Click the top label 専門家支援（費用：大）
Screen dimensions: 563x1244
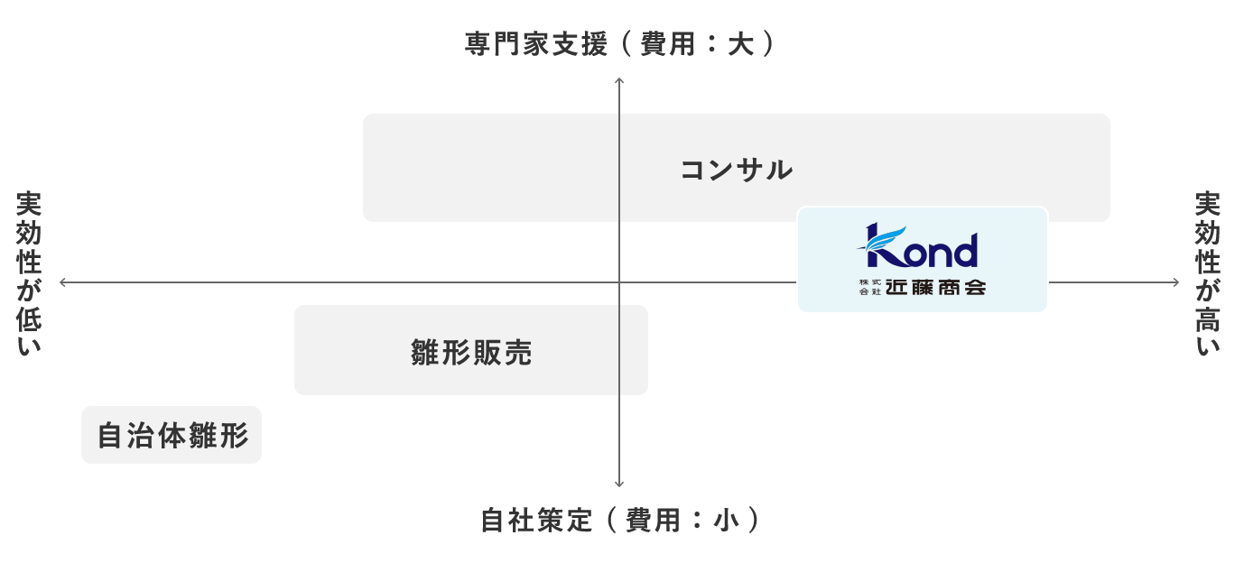(x=619, y=44)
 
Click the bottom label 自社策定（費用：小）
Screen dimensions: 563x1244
(x=619, y=521)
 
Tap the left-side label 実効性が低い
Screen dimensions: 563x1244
(x=29, y=273)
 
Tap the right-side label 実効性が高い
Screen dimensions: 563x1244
(x=1208, y=273)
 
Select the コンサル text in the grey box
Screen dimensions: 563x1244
(x=736, y=170)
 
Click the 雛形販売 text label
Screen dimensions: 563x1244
(x=471, y=352)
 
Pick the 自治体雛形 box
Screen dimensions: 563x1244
(x=172, y=436)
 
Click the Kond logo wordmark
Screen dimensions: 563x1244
(x=922, y=248)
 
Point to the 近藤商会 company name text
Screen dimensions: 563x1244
(x=934, y=289)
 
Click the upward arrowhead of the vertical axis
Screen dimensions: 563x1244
(x=619, y=82)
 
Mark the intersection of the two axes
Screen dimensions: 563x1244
(x=619, y=282)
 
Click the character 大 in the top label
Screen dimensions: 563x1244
(x=740, y=44)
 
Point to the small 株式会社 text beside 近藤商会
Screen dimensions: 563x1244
(x=869, y=289)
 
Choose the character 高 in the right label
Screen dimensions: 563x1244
(x=1208, y=317)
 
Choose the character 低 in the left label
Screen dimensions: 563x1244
(x=29, y=317)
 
